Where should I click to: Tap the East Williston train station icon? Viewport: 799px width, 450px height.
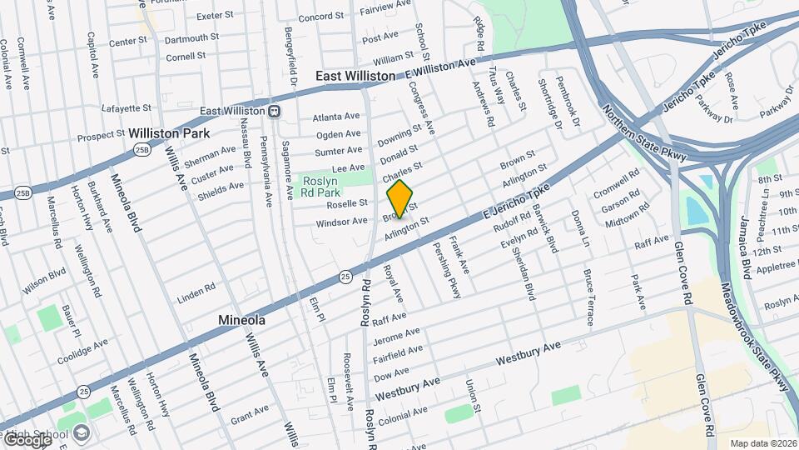(x=273, y=111)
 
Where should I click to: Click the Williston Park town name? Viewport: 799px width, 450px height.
(x=168, y=133)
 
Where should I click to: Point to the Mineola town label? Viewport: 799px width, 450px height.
(x=241, y=320)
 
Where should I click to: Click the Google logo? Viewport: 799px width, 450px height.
(x=27, y=438)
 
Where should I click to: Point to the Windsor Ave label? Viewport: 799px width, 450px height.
(x=341, y=222)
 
